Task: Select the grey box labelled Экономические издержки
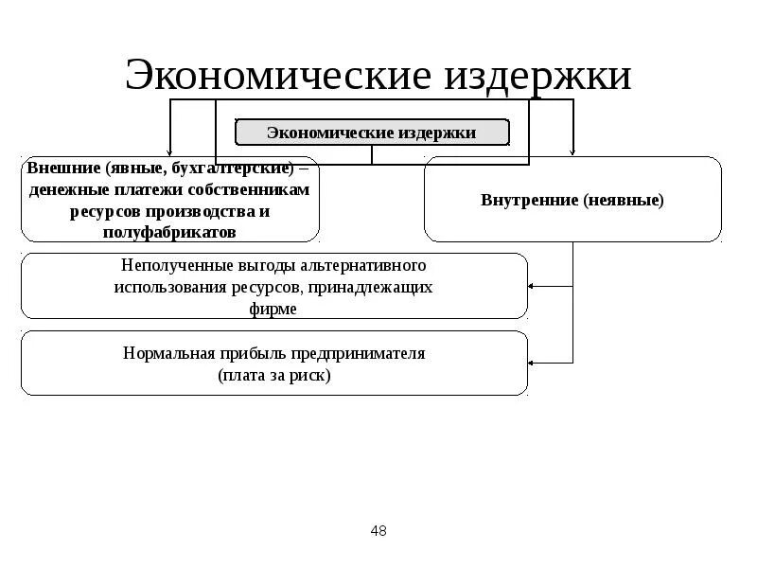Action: point(372,133)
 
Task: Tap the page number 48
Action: point(378,531)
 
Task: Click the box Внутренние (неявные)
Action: point(572,200)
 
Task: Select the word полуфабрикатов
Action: point(170,231)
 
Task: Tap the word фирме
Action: point(274,309)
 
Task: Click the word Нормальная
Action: point(162,353)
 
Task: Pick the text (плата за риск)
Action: point(274,375)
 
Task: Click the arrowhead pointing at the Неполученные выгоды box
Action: point(533,286)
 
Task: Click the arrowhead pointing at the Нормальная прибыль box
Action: point(533,363)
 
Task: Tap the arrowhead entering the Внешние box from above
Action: point(170,152)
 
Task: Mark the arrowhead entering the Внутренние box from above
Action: point(572,152)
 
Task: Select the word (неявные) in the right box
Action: point(624,200)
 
